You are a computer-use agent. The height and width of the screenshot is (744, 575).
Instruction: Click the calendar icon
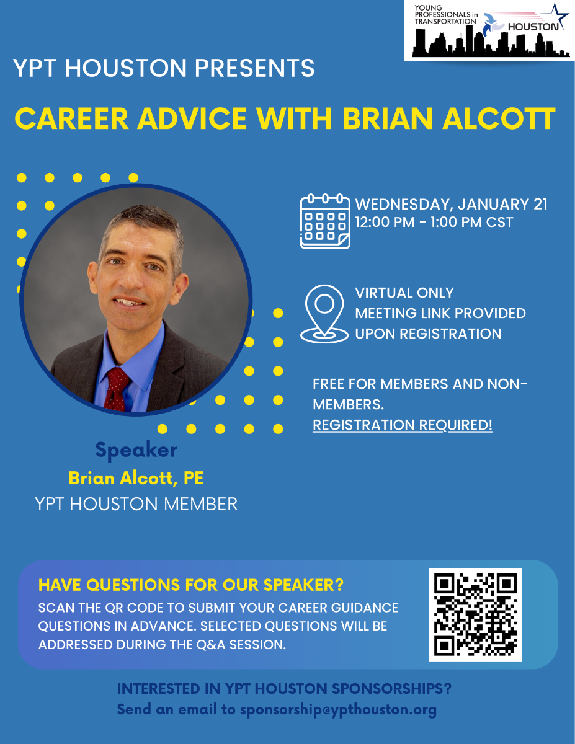(x=325, y=221)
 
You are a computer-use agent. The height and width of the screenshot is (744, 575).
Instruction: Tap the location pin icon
(x=324, y=314)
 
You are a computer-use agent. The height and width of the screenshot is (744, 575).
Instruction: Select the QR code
(x=475, y=614)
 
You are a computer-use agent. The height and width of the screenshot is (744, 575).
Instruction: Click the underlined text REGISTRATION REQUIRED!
(x=403, y=425)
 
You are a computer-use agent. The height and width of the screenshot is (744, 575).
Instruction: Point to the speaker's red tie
(x=117, y=389)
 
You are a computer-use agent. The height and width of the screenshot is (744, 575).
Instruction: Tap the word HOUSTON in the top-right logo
(x=533, y=27)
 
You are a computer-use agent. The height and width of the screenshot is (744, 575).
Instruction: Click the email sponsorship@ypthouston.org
(x=338, y=710)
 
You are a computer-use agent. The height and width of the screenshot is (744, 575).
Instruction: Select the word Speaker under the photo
(x=136, y=450)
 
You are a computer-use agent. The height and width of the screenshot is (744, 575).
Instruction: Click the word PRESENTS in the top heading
(x=254, y=68)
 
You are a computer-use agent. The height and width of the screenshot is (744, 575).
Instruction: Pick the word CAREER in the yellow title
(x=71, y=118)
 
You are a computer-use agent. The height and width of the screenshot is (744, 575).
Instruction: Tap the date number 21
(x=540, y=204)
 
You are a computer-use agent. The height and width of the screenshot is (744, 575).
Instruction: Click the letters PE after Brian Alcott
(x=194, y=478)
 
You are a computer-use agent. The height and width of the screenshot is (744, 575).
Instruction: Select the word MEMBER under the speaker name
(x=201, y=504)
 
